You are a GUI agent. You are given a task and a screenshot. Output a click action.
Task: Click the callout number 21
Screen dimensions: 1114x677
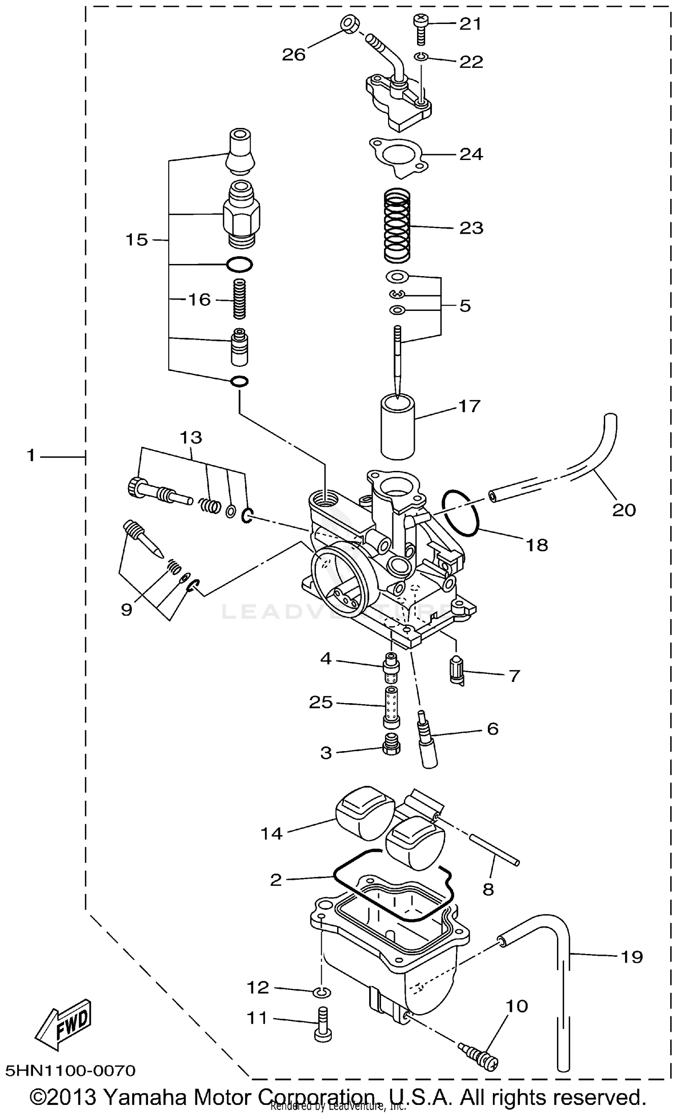[470, 24]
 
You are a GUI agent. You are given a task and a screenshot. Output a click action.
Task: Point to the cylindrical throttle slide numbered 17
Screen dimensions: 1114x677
[398, 427]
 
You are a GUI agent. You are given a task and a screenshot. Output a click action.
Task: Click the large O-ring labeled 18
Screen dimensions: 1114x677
[460, 512]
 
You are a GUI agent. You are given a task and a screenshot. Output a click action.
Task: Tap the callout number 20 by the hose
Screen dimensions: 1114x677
[624, 510]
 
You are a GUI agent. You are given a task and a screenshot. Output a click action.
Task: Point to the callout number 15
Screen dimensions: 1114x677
[136, 240]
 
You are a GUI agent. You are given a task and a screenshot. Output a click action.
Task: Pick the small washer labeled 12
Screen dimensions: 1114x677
[321, 992]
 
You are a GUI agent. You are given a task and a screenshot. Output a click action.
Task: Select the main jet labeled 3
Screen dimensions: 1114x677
[391, 750]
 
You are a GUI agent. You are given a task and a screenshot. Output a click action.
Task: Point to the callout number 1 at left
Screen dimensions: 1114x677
[31, 455]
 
